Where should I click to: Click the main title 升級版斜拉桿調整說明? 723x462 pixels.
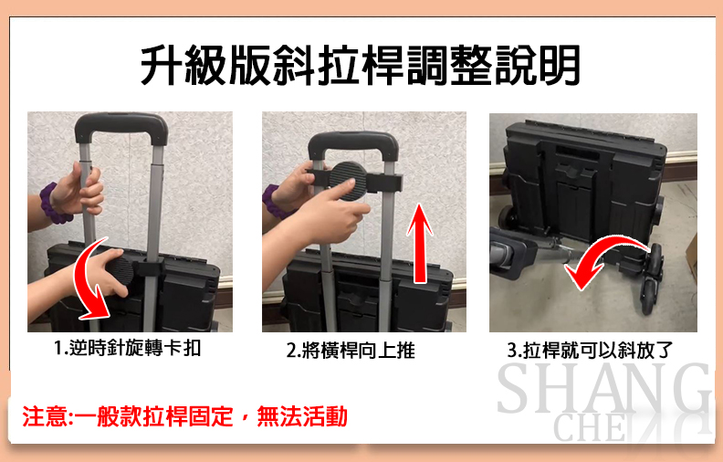pos(360,65)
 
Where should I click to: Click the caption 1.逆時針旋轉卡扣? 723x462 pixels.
pos(128,348)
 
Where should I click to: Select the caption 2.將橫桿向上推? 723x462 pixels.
pos(351,351)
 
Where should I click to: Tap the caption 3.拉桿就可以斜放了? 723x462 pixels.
pos(590,351)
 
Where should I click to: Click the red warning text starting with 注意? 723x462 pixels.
pos(185,416)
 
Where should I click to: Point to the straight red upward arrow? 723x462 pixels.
pos(420,244)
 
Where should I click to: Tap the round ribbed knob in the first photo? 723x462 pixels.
pos(120,272)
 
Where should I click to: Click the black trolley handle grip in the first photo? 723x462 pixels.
pos(120,127)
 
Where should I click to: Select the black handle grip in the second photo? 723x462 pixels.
pos(353,145)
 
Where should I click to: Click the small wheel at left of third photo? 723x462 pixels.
pos(508,217)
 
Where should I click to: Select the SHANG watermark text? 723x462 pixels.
pos(604,388)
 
